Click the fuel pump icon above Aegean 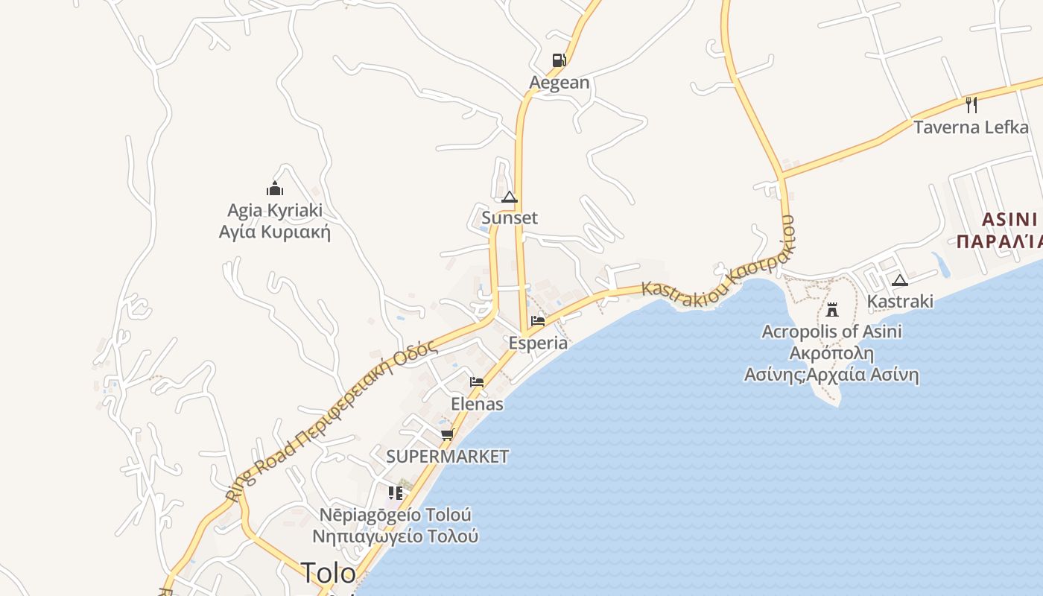[x=559, y=60]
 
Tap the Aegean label [x=559, y=83]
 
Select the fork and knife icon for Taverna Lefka [x=971, y=104]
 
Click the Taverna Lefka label [x=971, y=127]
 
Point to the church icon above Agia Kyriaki [x=275, y=188]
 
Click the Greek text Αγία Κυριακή [x=274, y=232]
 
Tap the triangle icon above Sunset [x=510, y=197]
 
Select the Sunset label [x=510, y=218]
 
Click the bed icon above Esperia [x=538, y=321]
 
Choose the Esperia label [x=538, y=343]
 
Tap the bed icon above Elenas [x=477, y=382]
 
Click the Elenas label [x=477, y=405]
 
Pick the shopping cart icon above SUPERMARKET [x=447, y=434]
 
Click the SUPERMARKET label [x=447, y=457]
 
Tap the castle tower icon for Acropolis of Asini [x=832, y=309]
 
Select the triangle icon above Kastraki [x=900, y=281]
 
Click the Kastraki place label [x=900, y=302]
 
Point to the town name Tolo [x=329, y=573]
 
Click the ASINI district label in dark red [x=1009, y=220]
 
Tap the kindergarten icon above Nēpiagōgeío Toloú [x=396, y=492]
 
